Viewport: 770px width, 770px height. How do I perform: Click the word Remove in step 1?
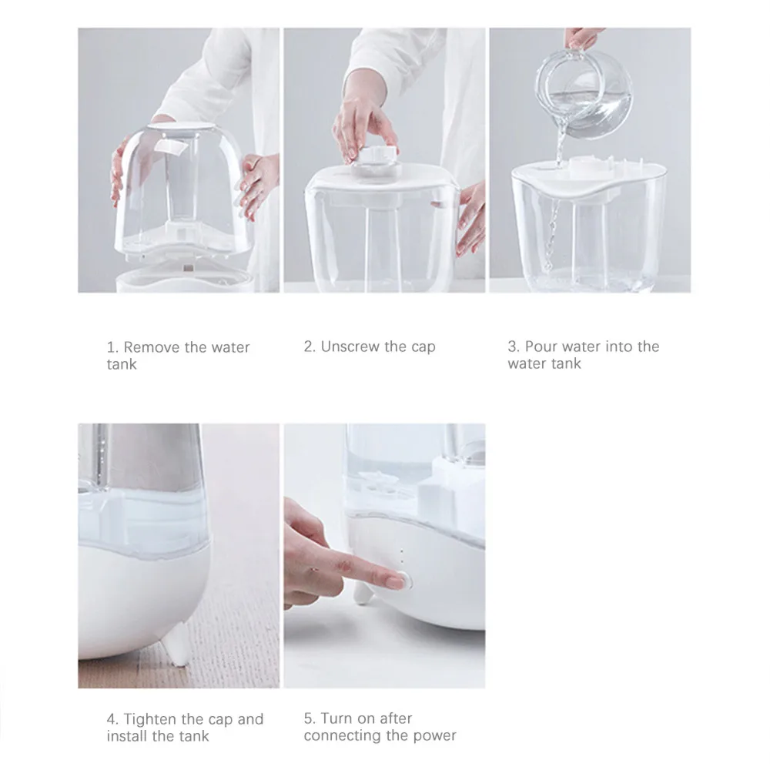(x=151, y=347)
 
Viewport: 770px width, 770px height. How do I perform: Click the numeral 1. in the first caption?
(x=112, y=347)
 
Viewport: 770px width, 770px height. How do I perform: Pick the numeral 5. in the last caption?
(x=310, y=718)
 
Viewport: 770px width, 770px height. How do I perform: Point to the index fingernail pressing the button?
(x=395, y=582)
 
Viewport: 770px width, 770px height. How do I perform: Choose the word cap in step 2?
(x=423, y=347)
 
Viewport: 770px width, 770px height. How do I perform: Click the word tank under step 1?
(x=122, y=364)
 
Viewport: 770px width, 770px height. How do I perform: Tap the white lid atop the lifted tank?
(x=182, y=127)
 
